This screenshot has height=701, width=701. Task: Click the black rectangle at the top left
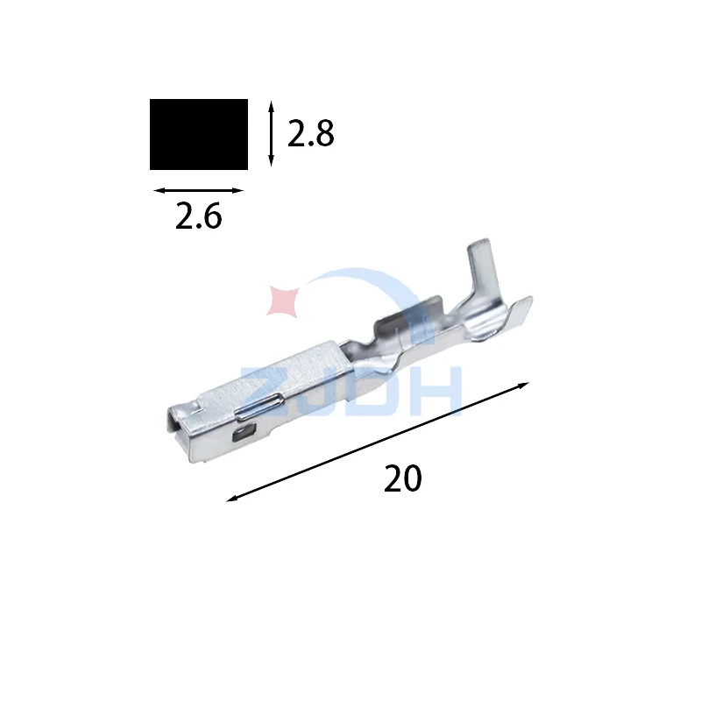pyautogui.click(x=199, y=134)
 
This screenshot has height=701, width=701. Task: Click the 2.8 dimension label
pyautogui.click(x=310, y=134)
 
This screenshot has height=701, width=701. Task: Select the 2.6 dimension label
pyautogui.click(x=198, y=216)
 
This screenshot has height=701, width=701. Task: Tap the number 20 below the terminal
pyautogui.click(x=402, y=478)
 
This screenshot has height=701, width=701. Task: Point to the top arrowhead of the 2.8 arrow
pyautogui.click(x=271, y=106)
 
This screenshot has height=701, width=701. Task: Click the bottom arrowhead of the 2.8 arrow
pyautogui.click(x=271, y=161)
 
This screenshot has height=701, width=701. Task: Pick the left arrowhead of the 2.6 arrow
pyautogui.click(x=159, y=190)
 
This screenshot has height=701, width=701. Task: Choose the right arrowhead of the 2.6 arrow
pyautogui.click(x=238, y=190)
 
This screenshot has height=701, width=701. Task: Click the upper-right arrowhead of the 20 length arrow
pyautogui.click(x=524, y=385)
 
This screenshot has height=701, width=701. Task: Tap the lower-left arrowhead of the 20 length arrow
pyautogui.click(x=231, y=499)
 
